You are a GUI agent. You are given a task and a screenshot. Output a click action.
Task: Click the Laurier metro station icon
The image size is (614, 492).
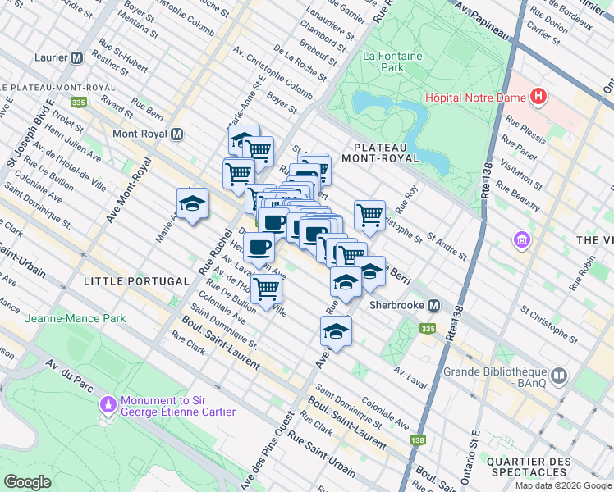(x=77, y=58)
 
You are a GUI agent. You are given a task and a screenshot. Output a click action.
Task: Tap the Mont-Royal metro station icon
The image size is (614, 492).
(x=176, y=134)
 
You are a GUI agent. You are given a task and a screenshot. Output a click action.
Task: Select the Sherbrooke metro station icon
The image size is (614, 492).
(x=434, y=305)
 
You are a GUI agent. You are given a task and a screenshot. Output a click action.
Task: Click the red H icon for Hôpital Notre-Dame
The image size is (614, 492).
(x=538, y=98)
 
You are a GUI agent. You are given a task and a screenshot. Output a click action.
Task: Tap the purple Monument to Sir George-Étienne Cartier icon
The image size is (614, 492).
(x=107, y=404)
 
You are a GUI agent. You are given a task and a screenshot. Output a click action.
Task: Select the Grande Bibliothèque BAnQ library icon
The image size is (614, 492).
(x=559, y=376)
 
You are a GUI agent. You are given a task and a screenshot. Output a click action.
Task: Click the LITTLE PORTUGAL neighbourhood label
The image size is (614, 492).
(x=137, y=281)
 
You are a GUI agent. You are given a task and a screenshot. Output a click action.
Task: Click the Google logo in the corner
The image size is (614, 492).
(x=28, y=482)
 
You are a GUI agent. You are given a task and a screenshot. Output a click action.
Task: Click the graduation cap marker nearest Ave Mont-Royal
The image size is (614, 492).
(x=192, y=205)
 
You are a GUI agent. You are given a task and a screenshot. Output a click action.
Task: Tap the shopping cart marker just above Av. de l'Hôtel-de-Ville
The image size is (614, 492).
(x=267, y=289)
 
